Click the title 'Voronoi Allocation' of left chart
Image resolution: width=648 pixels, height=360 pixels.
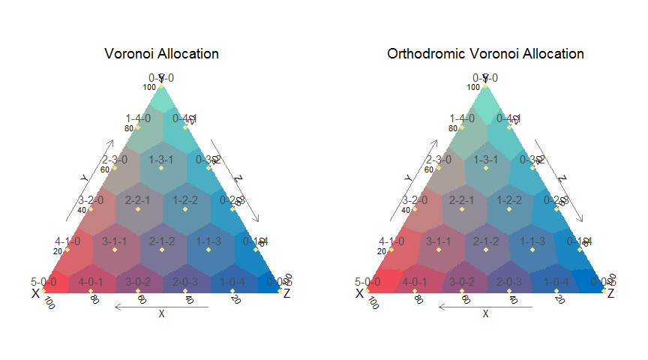[x=162, y=54]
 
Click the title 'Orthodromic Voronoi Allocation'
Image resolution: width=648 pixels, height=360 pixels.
[x=485, y=54]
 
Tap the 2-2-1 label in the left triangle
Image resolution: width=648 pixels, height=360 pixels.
[x=138, y=200]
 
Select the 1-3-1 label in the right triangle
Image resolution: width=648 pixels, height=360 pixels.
[x=485, y=160]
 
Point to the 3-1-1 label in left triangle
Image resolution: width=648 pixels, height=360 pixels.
[x=115, y=241]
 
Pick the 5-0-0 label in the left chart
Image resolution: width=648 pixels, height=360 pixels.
[x=43, y=282]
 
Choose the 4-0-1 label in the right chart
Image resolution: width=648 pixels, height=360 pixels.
[x=415, y=282]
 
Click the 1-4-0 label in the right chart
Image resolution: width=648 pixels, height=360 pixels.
[x=462, y=118]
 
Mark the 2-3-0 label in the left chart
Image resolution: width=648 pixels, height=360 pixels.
[x=115, y=160]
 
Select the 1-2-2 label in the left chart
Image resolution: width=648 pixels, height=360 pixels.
[x=185, y=200]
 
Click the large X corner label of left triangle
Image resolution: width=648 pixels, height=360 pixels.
[x=35, y=293]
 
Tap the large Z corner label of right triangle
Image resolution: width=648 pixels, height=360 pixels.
[x=610, y=293]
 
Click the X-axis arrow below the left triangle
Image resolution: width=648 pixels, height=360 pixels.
[x=161, y=306]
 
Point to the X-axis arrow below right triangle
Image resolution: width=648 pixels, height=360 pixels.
[x=485, y=306]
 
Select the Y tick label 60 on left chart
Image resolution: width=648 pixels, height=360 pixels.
[x=104, y=169]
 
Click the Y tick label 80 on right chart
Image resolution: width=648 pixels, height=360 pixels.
[x=451, y=128]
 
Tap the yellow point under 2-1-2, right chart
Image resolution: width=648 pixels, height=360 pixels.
[x=485, y=250]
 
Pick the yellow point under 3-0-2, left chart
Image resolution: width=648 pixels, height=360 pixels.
[x=138, y=291]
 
